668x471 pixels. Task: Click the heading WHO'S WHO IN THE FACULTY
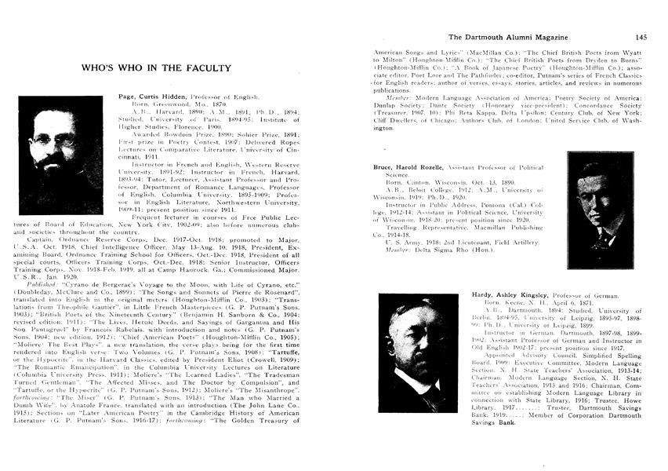pos(156,68)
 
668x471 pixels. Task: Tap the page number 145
pos(641,37)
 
